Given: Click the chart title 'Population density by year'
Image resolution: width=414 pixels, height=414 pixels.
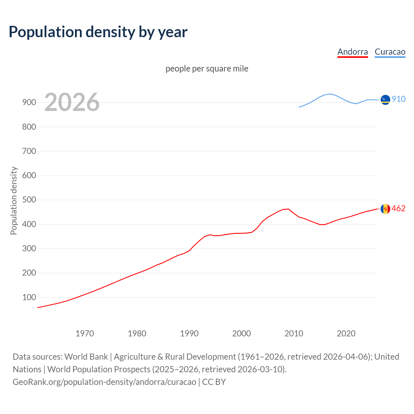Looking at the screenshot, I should pyautogui.click(x=98, y=32).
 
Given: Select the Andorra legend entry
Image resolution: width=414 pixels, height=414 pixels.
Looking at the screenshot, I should pyautogui.click(x=353, y=52).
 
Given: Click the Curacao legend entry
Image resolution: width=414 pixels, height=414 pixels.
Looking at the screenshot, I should pyautogui.click(x=390, y=52).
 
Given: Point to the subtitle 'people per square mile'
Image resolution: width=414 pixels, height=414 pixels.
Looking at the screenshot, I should pyautogui.click(x=207, y=69).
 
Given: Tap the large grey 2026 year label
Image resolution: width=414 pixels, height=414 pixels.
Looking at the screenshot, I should pyautogui.click(x=72, y=102).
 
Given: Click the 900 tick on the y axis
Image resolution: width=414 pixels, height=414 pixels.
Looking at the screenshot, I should pyautogui.click(x=29, y=103).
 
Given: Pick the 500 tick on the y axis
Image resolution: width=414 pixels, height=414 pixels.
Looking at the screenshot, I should pyautogui.click(x=29, y=200).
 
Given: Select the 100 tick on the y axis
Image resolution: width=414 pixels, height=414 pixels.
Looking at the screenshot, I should pyautogui.click(x=29, y=297).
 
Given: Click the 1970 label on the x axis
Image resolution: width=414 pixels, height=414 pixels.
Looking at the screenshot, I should pyautogui.click(x=85, y=333).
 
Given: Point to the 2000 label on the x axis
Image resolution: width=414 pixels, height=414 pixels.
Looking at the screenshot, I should pyautogui.click(x=242, y=333).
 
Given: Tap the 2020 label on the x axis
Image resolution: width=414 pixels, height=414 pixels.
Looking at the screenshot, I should pyautogui.click(x=346, y=333).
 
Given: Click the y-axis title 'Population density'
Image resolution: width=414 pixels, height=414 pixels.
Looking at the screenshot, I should pyautogui.click(x=14, y=201).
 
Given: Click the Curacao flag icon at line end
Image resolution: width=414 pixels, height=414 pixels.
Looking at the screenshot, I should pyautogui.click(x=385, y=100).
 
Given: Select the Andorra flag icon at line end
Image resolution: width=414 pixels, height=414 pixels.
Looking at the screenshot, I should pyautogui.click(x=385, y=209).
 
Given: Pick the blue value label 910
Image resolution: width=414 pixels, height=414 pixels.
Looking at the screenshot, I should pyautogui.click(x=398, y=99).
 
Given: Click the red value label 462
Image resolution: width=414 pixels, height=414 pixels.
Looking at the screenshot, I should pyautogui.click(x=398, y=208).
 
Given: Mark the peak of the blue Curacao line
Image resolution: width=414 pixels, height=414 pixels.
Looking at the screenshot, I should pyautogui.click(x=330, y=94).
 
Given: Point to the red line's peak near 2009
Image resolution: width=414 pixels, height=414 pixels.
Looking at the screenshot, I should pyautogui.click(x=288, y=209).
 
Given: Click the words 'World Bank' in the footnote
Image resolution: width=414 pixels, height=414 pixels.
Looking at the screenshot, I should pyautogui.click(x=86, y=356).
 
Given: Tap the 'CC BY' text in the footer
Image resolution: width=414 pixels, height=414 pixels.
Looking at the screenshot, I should pyautogui.click(x=214, y=382).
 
